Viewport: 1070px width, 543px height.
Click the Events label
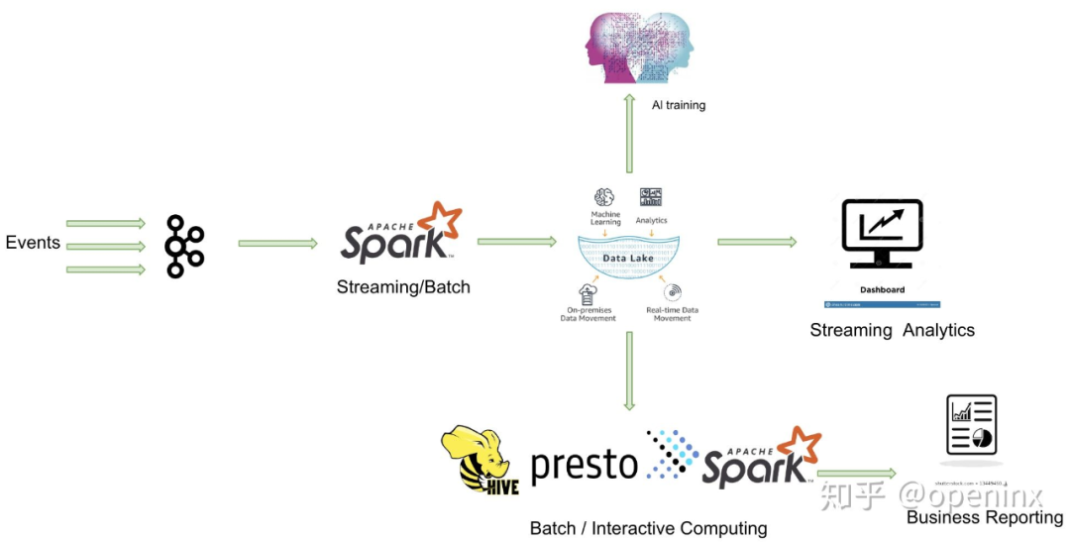tap(33, 243)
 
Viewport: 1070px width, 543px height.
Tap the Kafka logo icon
tap(184, 245)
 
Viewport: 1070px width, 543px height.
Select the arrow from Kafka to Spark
tap(277, 243)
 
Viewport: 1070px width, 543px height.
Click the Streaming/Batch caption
tap(403, 287)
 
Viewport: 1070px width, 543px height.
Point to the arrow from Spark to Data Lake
tap(516, 241)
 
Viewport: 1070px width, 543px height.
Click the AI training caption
tap(679, 105)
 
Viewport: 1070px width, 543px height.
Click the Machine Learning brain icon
tap(605, 197)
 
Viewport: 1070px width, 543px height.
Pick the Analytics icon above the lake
tap(651, 197)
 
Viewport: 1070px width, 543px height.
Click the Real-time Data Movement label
tap(673, 314)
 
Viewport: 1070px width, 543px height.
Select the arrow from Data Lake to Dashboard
tap(757, 241)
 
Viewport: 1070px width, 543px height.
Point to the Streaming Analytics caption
tap(892, 330)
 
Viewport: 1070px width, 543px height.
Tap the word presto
tap(585, 464)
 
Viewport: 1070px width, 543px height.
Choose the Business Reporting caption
tap(985, 517)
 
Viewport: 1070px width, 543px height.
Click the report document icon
tap(971, 426)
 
